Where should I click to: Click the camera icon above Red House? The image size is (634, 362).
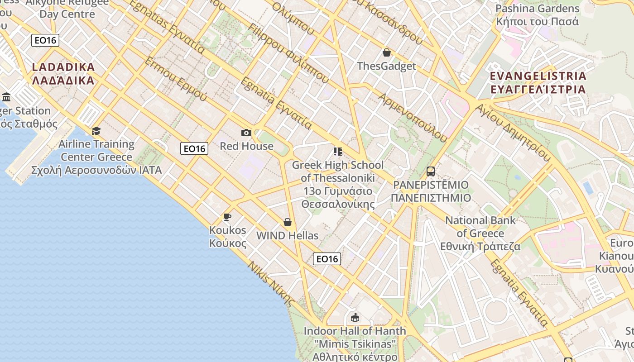(246, 133)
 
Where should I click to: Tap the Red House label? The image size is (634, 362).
(246, 146)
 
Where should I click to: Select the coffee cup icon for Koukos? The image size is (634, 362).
(227, 217)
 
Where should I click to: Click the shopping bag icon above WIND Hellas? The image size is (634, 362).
(287, 222)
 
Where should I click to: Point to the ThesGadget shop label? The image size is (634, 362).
(386, 66)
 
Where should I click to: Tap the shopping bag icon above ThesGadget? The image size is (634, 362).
(386, 52)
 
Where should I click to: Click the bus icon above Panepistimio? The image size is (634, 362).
(430, 171)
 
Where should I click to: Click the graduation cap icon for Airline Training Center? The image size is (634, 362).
(96, 131)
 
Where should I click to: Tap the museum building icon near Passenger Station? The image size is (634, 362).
(6, 97)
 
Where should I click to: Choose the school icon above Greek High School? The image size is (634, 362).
(337, 152)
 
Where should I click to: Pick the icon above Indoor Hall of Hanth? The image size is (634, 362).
(355, 317)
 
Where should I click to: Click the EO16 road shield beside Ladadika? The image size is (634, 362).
(46, 40)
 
